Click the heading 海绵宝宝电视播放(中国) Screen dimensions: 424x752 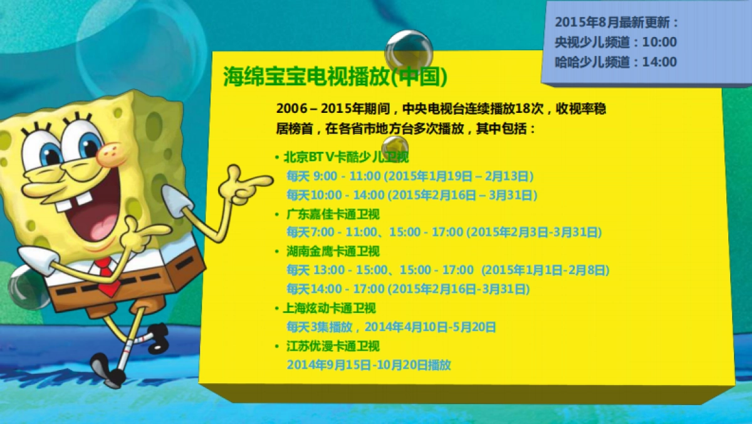tap(335, 77)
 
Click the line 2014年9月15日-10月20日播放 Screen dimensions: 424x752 tap(368, 364)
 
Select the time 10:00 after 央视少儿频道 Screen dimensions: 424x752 tap(660, 42)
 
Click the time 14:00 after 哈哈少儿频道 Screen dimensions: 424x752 tap(660, 62)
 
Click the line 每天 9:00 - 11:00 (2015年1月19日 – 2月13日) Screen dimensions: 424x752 tap(410, 176)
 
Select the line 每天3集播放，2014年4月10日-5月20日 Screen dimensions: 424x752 tap(391, 327)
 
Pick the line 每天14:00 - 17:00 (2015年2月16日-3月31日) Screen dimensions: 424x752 tap(408, 289)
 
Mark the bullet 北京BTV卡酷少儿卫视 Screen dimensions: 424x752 tap(346, 157)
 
